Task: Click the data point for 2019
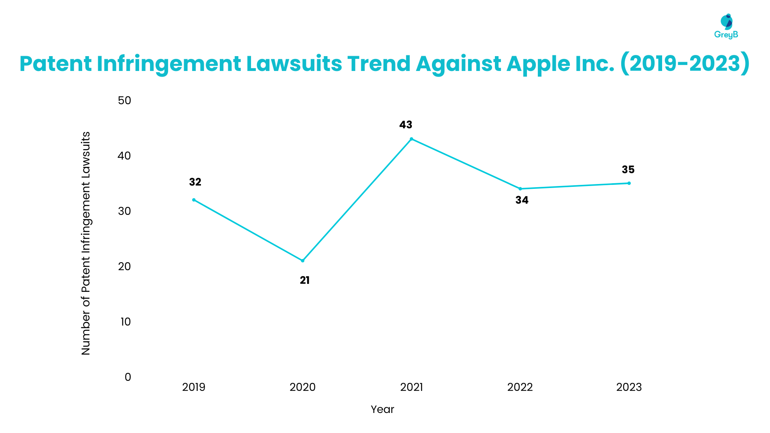tap(194, 200)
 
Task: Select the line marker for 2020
tap(303, 261)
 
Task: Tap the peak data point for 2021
tap(411, 139)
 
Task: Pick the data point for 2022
tap(520, 189)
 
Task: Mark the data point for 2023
tap(629, 183)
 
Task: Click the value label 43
tap(405, 125)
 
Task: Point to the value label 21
tap(305, 280)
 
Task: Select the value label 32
tap(195, 182)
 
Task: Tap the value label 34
tap(522, 200)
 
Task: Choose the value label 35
tap(628, 170)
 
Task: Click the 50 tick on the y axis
tap(124, 100)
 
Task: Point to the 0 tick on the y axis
tap(128, 377)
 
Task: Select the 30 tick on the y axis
tap(124, 211)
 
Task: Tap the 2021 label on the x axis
tap(411, 387)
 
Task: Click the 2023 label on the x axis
tap(629, 387)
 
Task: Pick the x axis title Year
tap(382, 409)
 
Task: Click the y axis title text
tap(86, 243)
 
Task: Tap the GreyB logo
tap(726, 26)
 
